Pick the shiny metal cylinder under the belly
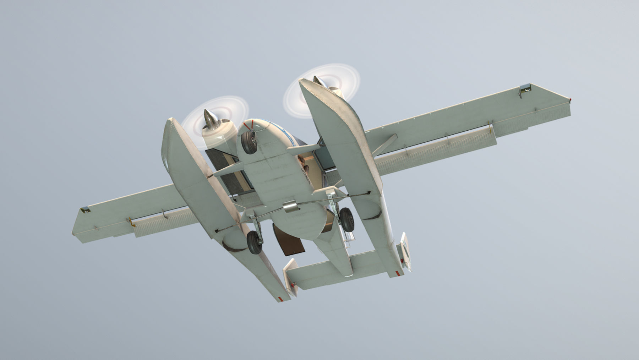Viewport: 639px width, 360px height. click(x=290, y=207)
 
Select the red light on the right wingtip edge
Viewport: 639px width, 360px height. click(x=570, y=99)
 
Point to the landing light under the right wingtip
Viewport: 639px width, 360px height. click(x=525, y=89)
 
